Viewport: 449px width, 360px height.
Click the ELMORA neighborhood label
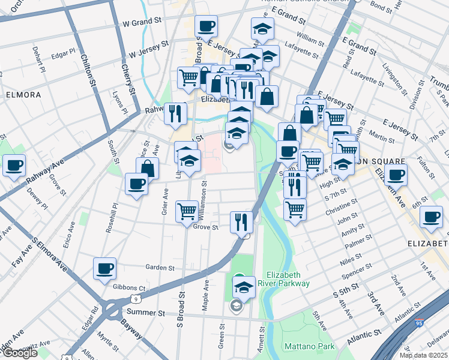coord(24,95)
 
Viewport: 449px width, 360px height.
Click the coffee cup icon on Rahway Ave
coord(14,166)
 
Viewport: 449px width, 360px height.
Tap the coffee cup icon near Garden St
coord(105,268)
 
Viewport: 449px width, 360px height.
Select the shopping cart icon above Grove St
coord(187,212)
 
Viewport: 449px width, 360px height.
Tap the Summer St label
coord(146,313)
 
